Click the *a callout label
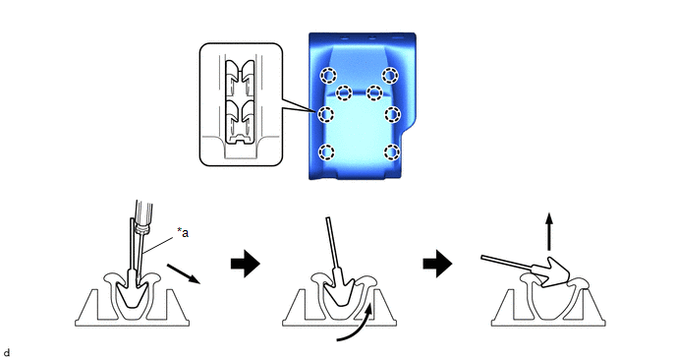183,232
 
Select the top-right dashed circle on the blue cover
390,76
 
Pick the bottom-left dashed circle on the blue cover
326,152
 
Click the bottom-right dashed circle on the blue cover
392,152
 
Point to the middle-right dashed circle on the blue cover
393,114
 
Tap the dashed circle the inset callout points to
326,114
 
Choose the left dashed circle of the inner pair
344,91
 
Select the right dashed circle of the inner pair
374,91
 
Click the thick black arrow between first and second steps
246,264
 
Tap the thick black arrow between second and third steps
437,264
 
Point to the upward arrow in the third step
549,231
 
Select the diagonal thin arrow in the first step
184,273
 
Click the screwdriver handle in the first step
141,215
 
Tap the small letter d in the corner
6,353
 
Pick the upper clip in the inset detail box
240,78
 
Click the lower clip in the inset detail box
240,117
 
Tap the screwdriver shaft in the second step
333,243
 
